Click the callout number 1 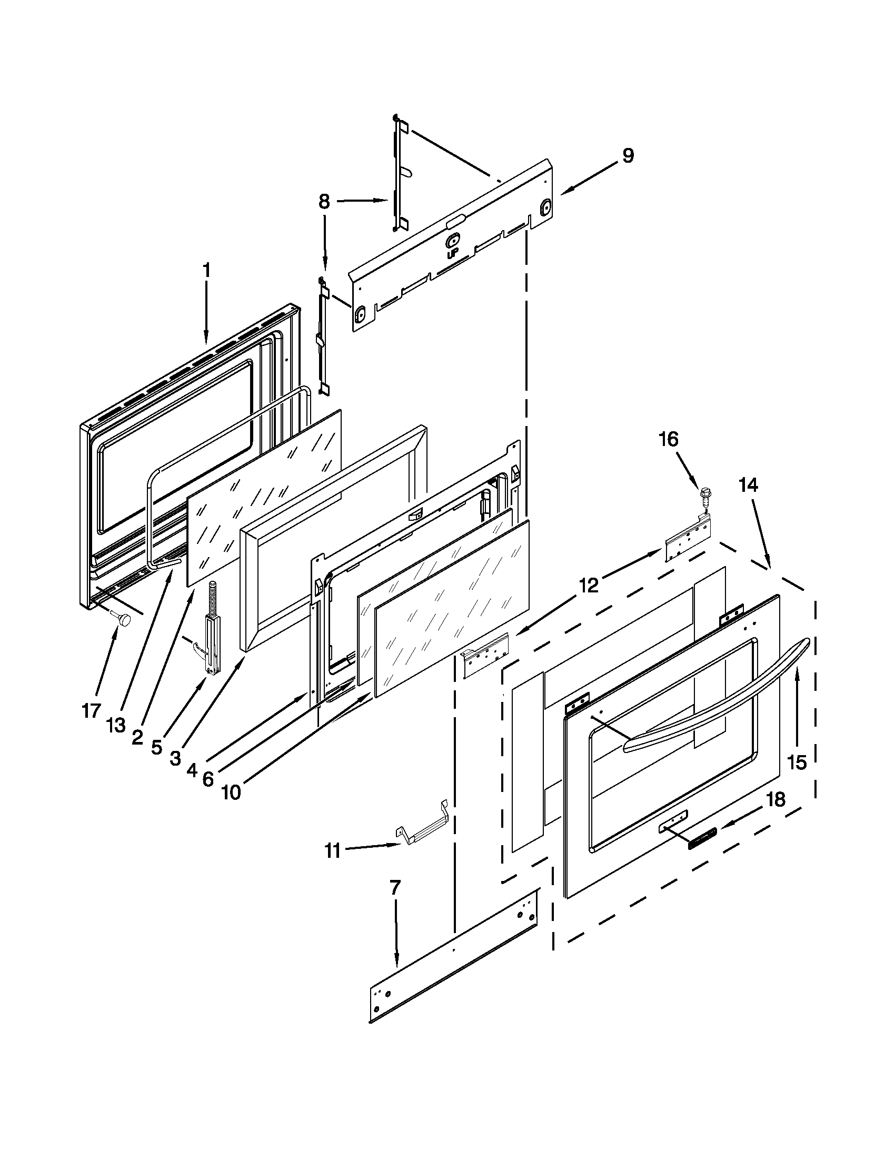coord(206,271)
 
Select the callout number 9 coord(628,156)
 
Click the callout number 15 coord(797,762)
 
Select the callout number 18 coord(776,800)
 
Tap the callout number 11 coord(332,850)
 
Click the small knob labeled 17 coord(125,619)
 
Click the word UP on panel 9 coord(453,254)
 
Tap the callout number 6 coord(208,778)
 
